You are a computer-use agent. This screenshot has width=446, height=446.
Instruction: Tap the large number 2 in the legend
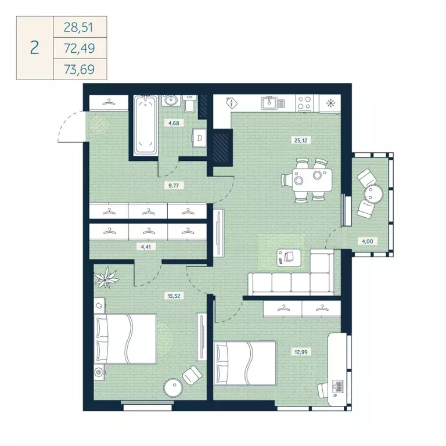coord(34,48)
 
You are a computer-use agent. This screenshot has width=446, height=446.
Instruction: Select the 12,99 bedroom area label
coord(297,351)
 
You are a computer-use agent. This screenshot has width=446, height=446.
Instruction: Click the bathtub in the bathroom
coord(145,125)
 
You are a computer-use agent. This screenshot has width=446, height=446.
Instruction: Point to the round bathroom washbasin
coord(171,103)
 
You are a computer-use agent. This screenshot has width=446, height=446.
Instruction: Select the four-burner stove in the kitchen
coord(304,103)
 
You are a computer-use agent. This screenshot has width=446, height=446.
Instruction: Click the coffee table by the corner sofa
coord(288,256)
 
